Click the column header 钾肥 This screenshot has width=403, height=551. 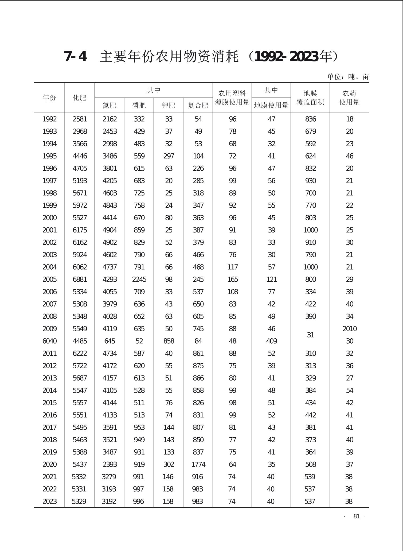(169, 105)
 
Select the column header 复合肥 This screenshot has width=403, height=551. (198, 105)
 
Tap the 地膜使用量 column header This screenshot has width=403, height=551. (271, 105)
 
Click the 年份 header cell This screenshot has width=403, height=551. (49, 98)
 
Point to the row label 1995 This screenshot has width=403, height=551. (50, 156)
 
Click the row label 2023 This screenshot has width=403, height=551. (50, 501)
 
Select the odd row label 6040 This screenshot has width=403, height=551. (50, 341)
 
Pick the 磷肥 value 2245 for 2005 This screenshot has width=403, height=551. (139, 280)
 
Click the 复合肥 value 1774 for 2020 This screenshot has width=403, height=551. (198, 464)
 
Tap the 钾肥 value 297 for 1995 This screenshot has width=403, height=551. (169, 156)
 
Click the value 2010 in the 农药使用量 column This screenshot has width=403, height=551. (350, 329)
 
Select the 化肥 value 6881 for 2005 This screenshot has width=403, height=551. (80, 280)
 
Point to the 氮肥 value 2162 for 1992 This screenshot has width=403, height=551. (110, 119)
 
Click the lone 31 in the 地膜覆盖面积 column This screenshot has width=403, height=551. (311, 335)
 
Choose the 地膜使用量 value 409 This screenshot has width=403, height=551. (272, 341)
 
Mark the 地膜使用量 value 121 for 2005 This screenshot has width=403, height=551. (272, 280)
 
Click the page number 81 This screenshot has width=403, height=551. (356, 516)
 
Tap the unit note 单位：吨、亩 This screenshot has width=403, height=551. (348, 77)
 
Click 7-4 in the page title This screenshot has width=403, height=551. (76, 57)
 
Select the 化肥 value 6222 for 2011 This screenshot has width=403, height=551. (80, 353)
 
